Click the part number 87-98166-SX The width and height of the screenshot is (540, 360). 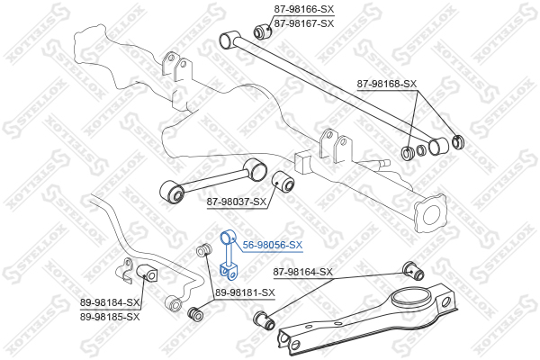(304, 9)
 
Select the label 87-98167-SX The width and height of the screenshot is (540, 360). (304, 23)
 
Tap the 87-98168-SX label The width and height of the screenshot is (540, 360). (386, 84)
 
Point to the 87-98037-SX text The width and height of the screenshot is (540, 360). (237, 202)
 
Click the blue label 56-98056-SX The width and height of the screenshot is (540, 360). (273, 246)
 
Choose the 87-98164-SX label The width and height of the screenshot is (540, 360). (303, 272)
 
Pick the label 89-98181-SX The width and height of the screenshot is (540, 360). (245, 292)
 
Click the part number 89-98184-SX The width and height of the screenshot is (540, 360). (110, 302)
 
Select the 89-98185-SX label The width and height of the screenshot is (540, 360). (110, 317)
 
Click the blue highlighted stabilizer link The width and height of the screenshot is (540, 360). (228, 256)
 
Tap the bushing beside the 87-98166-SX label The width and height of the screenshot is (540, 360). (263, 31)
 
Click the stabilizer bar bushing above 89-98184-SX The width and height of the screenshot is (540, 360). (147, 273)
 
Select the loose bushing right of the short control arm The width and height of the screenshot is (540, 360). (283, 181)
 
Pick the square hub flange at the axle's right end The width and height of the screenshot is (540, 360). (431, 214)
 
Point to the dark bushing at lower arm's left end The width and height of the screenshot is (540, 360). (264, 320)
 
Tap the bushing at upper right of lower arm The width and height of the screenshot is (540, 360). (413, 271)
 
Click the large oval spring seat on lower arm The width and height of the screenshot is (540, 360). (412, 297)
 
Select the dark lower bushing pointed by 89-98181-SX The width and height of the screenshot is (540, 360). (195, 313)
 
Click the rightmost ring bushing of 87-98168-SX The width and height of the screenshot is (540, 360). (458, 142)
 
